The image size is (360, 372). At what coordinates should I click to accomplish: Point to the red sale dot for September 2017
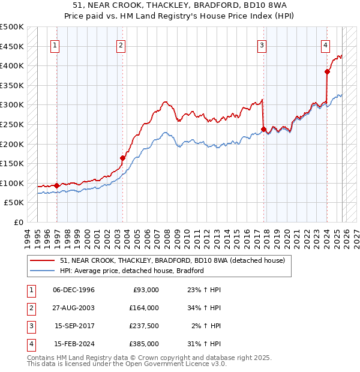[x=264, y=129]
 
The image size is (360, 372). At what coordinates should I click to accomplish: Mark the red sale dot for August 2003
[x=122, y=158]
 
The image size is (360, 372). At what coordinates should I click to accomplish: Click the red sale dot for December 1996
[x=57, y=185]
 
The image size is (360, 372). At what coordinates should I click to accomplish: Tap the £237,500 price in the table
[x=143, y=327]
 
